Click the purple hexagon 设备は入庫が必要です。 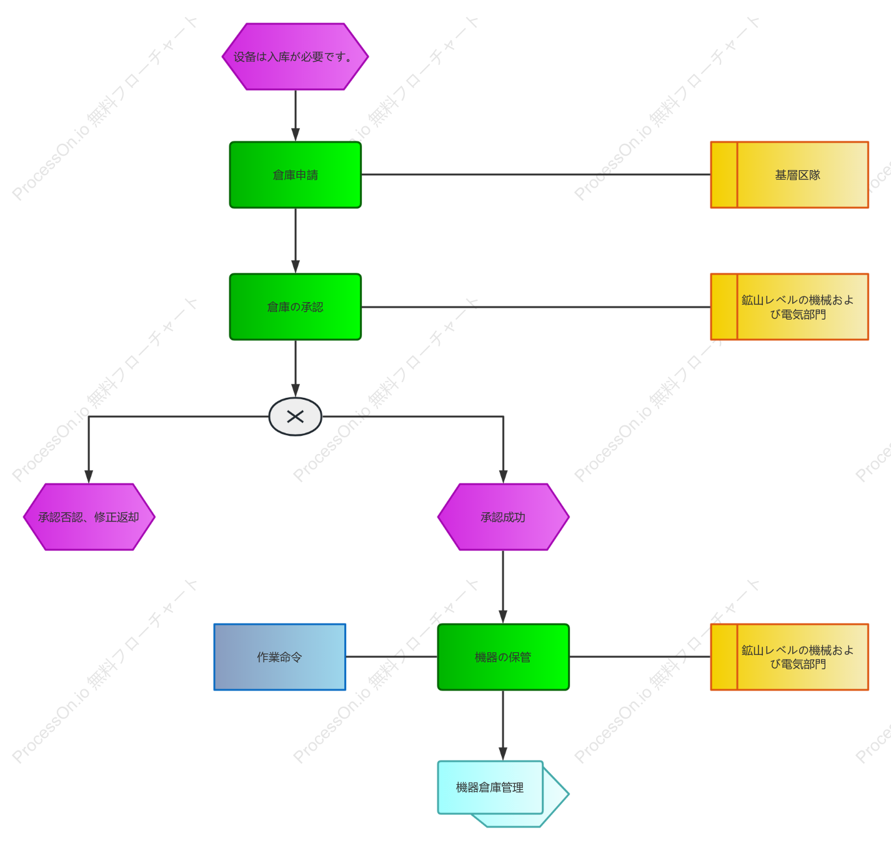295,57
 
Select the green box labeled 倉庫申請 296,175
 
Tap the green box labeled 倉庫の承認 296,306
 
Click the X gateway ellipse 296,417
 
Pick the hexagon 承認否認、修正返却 89,517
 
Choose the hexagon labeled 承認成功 503,517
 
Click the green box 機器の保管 503,657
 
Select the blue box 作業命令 280,657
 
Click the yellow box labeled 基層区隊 789,175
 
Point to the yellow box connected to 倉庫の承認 789,306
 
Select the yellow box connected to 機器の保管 789,657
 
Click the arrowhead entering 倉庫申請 296,134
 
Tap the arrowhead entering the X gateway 296,391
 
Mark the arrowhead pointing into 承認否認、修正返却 89,477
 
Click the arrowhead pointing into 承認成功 503,477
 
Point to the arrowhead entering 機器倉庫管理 503,754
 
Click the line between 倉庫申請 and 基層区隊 535,175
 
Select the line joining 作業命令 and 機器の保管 392,656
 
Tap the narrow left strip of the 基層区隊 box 724,175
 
